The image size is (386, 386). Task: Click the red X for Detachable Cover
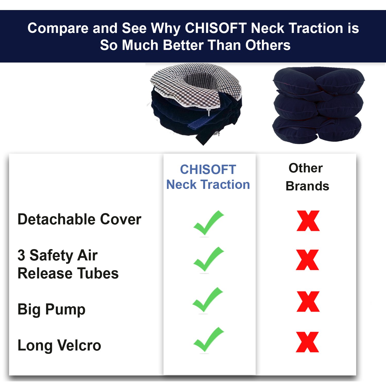308,221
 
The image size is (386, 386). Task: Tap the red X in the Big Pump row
308,302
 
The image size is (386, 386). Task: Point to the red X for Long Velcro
308,342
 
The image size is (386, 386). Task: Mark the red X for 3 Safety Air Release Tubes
308,260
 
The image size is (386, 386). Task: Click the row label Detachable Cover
79,219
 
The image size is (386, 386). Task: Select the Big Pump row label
51,310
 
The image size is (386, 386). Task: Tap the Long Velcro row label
59,345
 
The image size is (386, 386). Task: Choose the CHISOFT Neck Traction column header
208,177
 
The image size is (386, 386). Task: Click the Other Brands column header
307,177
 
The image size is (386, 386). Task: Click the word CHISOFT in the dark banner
216,28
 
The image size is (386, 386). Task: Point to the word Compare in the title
58,28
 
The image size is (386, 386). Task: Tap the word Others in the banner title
268,45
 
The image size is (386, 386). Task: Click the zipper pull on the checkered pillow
209,112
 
